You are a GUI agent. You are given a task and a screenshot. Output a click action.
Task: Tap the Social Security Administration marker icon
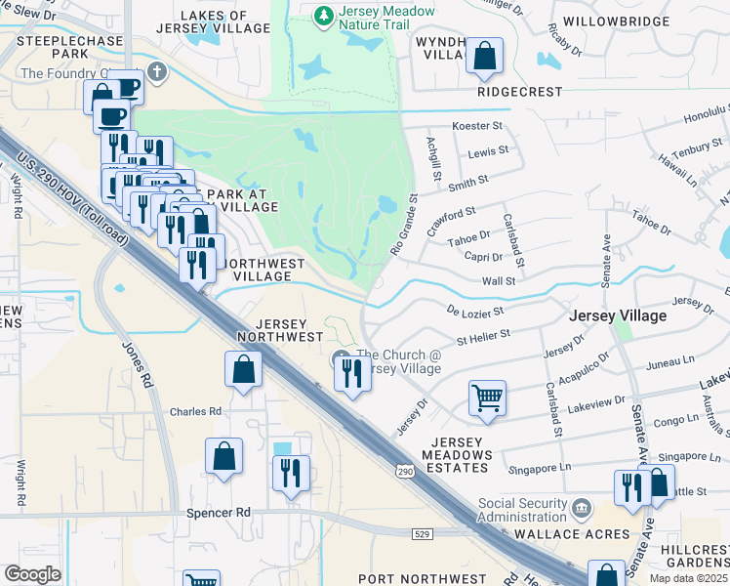point(583,508)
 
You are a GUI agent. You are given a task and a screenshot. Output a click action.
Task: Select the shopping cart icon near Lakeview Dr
point(487,398)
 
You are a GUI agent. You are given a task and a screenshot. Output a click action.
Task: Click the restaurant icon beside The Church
point(352,372)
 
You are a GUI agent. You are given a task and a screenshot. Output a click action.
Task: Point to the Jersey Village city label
point(618,315)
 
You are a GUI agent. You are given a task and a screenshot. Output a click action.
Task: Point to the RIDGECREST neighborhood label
point(520,92)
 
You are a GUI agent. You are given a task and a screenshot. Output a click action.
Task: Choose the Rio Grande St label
point(403,224)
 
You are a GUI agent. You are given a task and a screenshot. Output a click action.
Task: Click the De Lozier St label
point(474,311)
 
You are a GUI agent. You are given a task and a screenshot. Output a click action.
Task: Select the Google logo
point(33,573)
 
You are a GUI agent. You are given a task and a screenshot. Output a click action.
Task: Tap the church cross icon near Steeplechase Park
point(157,72)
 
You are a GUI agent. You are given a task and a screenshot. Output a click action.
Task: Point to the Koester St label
point(477,126)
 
